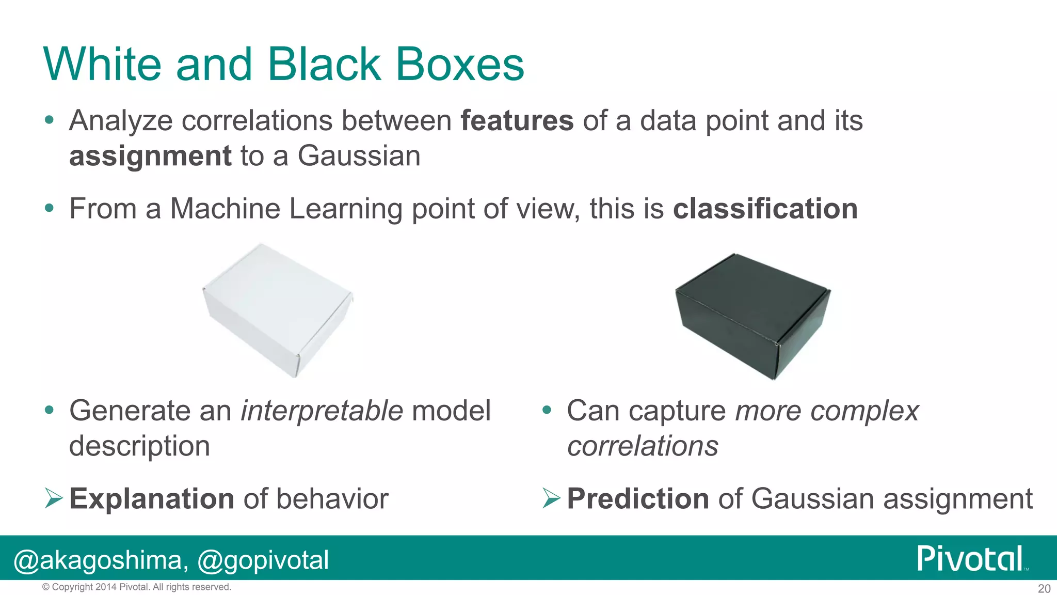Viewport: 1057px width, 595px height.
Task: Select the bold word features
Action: (517, 121)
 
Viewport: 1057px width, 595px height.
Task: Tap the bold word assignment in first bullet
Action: (150, 156)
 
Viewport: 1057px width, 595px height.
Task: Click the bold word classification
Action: (765, 209)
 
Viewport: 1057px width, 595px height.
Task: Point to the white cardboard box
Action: (278, 310)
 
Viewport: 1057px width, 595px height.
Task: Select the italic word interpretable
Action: (322, 411)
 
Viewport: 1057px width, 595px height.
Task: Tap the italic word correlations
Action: (643, 446)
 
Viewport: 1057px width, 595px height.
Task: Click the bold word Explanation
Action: (152, 499)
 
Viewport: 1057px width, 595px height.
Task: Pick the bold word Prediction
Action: (637, 499)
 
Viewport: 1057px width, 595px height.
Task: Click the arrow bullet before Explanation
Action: (53, 498)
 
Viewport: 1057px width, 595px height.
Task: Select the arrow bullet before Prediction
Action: (551, 498)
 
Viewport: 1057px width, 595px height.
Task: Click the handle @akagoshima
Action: (98, 560)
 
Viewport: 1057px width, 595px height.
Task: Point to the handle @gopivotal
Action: (263, 560)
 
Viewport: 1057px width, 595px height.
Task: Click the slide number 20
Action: (1044, 588)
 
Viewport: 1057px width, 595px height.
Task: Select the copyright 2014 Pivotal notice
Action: (137, 587)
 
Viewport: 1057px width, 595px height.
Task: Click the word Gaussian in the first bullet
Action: (359, 156)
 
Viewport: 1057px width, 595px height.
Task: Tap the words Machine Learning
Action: (286, 209)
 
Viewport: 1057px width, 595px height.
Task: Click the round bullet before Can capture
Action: (547, 411)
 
